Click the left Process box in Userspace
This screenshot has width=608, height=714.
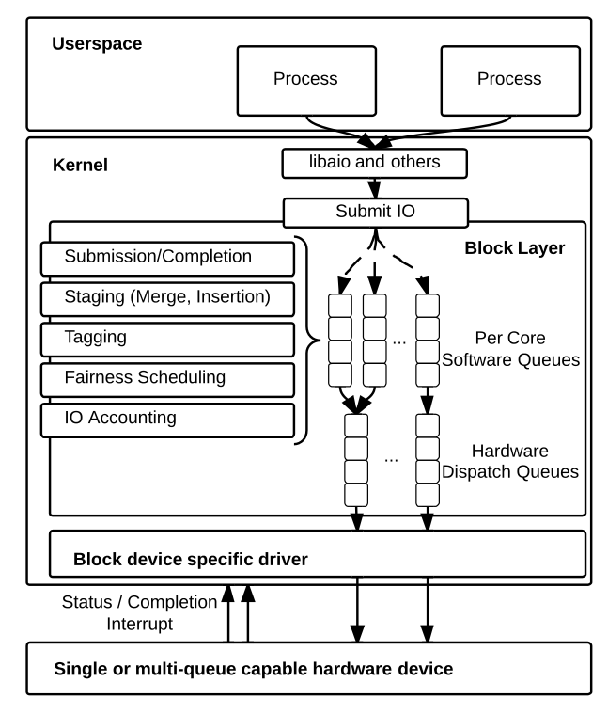pos(304,79)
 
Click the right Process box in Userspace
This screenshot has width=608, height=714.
pos(508,79)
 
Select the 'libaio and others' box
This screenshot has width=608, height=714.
pos(376,163)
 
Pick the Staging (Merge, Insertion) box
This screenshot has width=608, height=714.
pos(167,297)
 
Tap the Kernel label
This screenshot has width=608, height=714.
pos(80,166)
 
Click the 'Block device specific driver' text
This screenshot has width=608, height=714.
pos(191,560)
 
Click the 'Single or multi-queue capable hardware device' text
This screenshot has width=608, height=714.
pos(253,669)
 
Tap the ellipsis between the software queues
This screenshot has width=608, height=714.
pos(398,341)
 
